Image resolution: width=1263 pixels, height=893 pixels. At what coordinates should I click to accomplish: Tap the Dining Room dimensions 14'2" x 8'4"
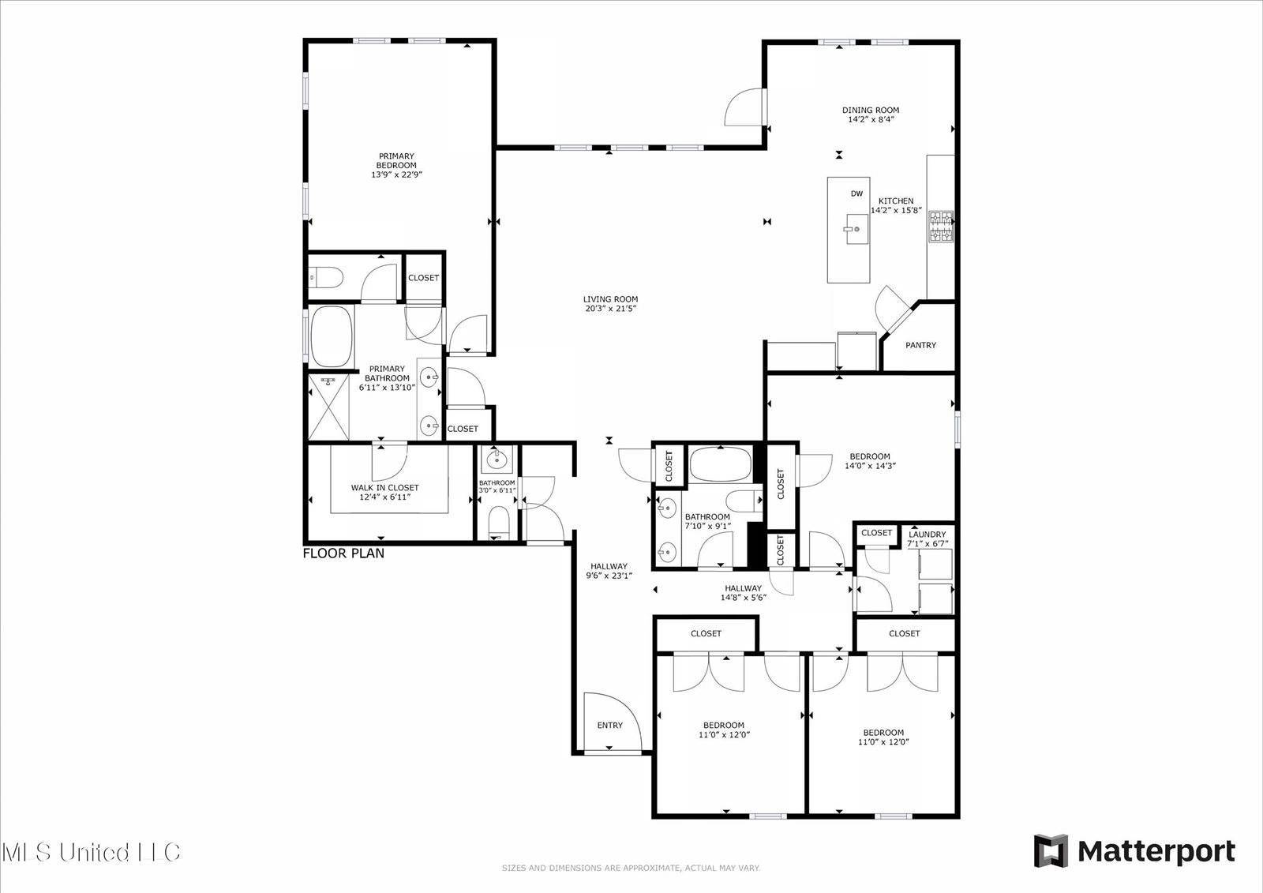[x=870, y=120]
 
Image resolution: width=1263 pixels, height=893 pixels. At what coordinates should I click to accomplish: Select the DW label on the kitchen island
[x=856, y=193]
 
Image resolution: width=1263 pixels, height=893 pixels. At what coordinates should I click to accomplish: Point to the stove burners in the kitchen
[x=941, y=227]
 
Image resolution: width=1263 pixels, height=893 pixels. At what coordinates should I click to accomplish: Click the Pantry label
[x=920, y=345]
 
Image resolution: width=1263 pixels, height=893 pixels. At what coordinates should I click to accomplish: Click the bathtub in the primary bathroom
[x=331, y=337]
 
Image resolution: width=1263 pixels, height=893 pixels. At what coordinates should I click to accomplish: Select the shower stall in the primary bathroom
[x=328, y=407]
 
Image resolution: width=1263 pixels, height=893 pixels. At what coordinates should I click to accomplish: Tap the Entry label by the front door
[x=609, y=726]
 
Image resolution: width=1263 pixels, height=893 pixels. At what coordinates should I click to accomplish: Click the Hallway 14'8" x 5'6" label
[x=743, y=593]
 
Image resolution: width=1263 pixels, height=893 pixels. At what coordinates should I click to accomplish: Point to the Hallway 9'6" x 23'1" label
[x=609, y=571]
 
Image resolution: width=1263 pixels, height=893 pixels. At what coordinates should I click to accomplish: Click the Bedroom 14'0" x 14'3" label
[x=870, y=461]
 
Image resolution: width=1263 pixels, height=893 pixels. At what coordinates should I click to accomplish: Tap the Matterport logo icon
[x=1051, y=851]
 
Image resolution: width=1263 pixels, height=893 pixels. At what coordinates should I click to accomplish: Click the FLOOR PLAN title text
[x=344, y=553]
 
